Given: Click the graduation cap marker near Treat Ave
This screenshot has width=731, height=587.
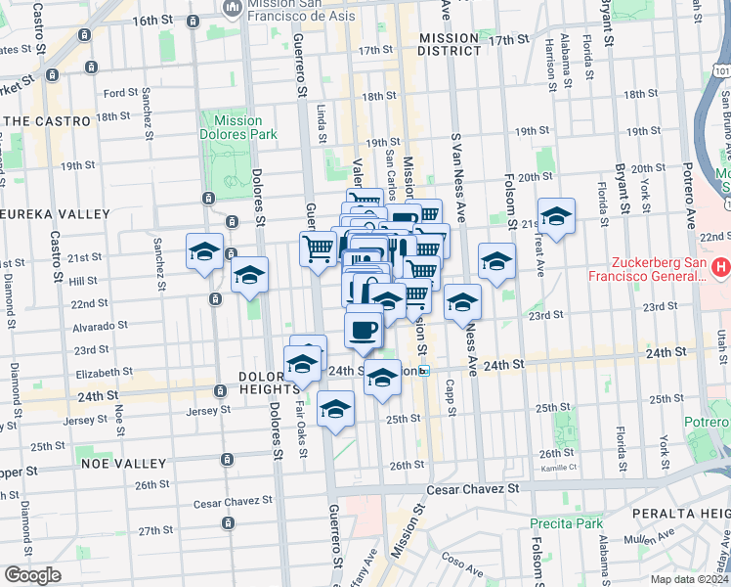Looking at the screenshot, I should (556, 217).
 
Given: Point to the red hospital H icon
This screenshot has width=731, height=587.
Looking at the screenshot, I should (720, 265).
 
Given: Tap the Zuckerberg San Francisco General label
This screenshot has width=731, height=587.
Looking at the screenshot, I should (658, 269).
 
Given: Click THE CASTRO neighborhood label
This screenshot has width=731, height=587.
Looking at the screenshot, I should (46, 121).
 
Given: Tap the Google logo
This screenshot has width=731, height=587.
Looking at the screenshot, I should (32, 575).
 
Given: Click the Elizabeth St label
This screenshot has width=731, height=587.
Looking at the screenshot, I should (104, 373).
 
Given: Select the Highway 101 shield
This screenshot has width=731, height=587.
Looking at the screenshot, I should (720, 72).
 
